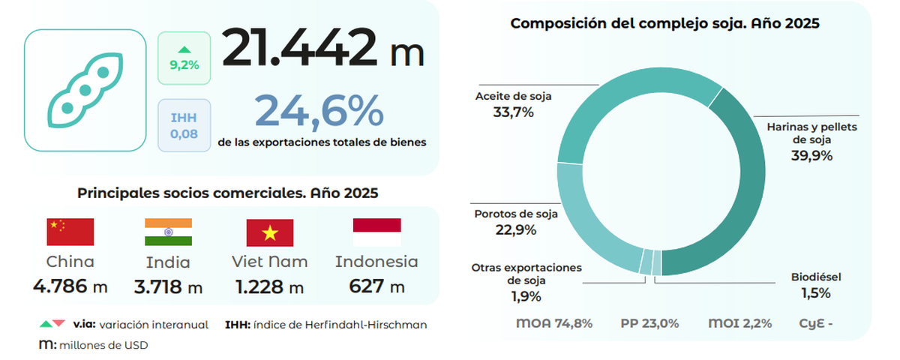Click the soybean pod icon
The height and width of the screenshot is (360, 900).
tap(85, 90)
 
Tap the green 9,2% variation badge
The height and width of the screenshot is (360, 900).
tap(184, 58)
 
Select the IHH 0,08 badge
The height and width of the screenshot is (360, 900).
tap(184, 126)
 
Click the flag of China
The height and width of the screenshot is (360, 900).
tap(70, 232)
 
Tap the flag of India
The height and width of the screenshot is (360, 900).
tap(169, 232)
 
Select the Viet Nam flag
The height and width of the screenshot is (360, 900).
tap(269, 232)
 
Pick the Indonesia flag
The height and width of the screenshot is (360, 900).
tap(376, 232)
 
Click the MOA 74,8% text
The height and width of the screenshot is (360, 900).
tap(554, 323)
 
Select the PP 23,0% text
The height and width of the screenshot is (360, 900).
tap(649, 323)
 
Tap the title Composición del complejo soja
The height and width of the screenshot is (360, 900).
tap(664, 23)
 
